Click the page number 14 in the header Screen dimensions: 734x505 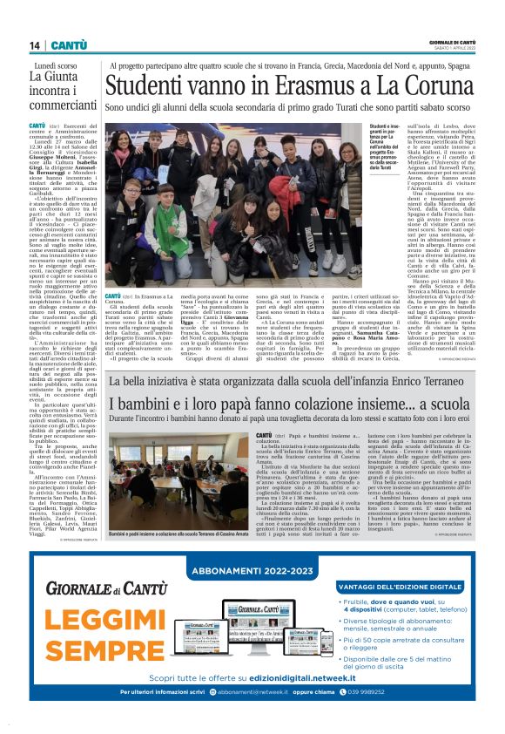pos(35,45)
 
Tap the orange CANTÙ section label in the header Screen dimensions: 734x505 pos(67,45)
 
